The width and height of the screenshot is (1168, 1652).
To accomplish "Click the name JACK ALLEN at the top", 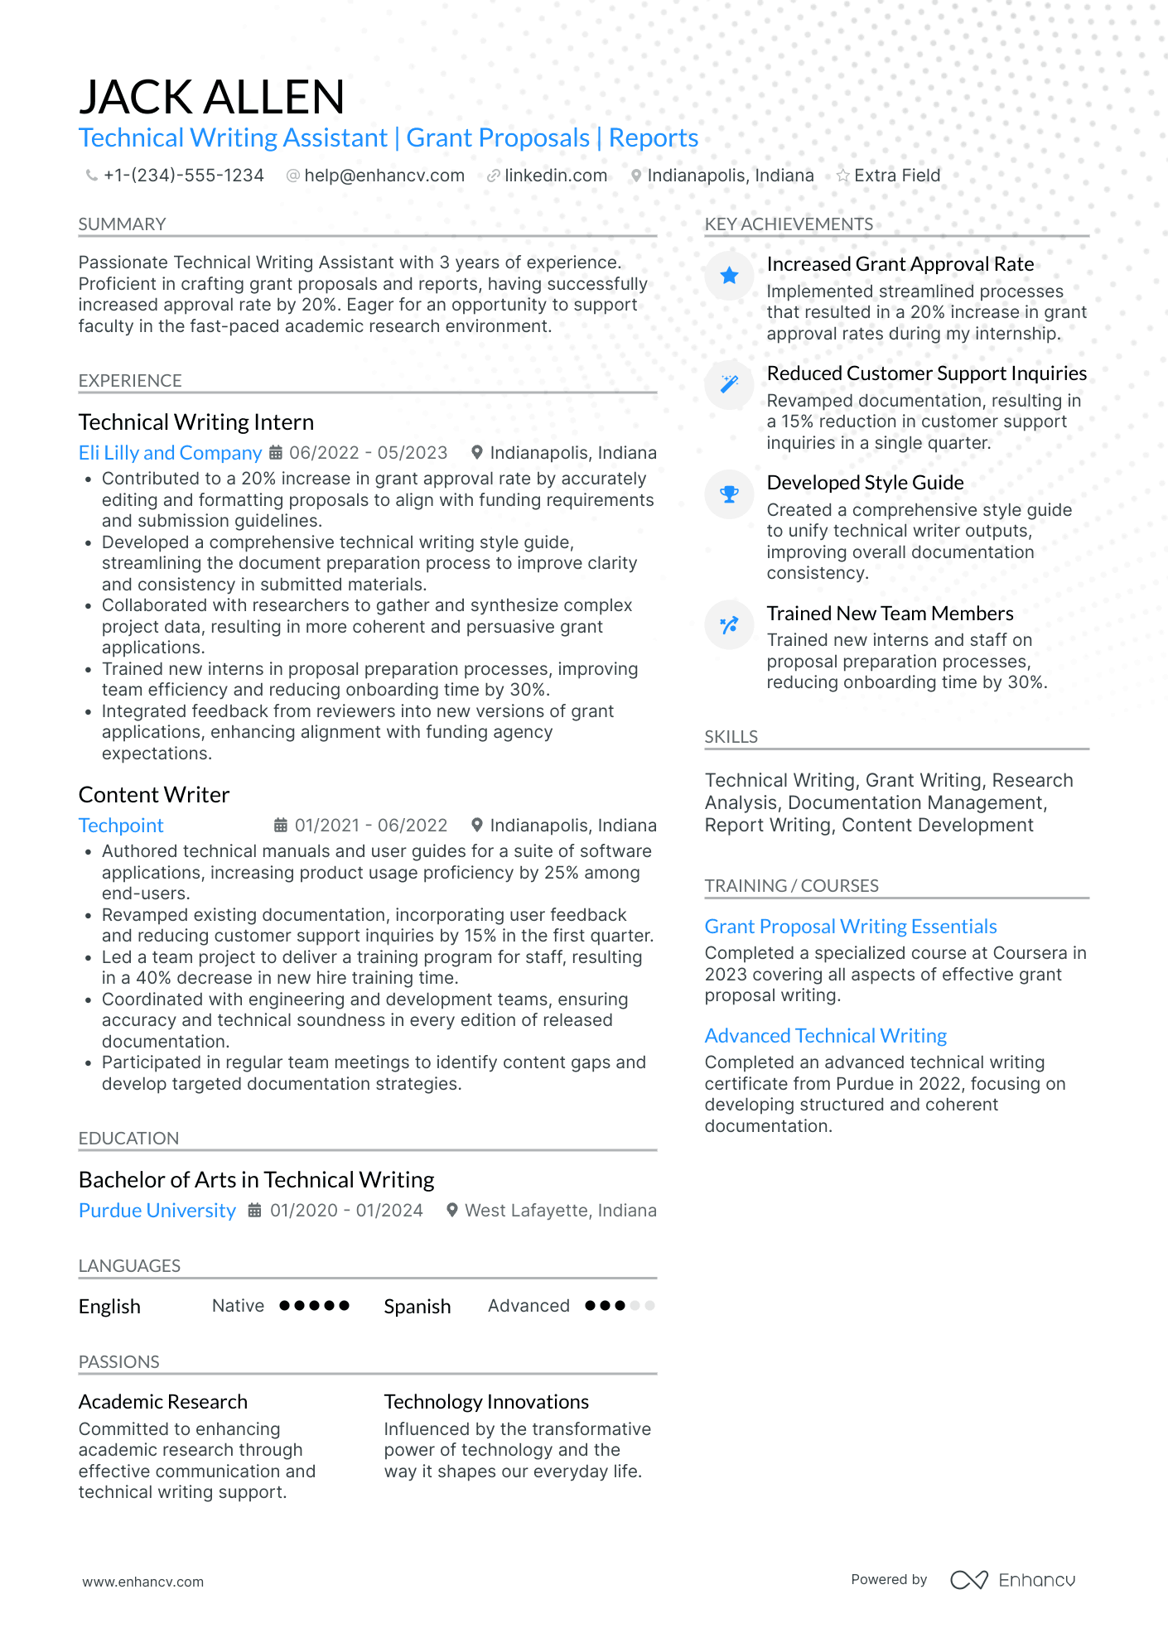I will click(x=211, y=97).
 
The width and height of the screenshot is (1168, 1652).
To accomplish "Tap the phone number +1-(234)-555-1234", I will click(x=183, y=176).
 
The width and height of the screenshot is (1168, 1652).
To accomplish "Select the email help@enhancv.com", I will click(x=384, y=176).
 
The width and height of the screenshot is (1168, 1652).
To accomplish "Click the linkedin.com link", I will click(x=555, y=176).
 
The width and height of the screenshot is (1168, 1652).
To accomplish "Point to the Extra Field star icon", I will click(x=842, y=176).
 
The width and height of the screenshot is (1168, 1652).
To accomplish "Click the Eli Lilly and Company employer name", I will click(x=170, y=453).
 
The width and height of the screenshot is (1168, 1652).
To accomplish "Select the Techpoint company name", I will click(x=121, y=826).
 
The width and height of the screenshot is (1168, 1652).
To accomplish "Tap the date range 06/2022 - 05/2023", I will click(x=368, y=453).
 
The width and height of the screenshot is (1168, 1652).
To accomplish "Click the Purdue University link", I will click(x=157, y=1211).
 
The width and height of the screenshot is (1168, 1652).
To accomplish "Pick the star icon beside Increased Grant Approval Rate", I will click(x=729, y=276).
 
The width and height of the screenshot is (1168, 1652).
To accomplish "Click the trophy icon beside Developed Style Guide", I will click(x=729, y=494).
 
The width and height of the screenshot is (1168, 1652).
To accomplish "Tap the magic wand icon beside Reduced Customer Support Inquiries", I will click(x=729, y=384).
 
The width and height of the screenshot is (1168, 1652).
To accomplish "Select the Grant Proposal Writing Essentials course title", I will click(x=850, y=927).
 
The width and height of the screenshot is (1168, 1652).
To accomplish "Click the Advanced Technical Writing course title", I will click(x=825, y=1036).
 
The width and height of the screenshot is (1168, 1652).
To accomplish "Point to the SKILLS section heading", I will click(x=731, y=737).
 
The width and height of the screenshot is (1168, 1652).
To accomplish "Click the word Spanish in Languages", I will click(x=417, y=1307).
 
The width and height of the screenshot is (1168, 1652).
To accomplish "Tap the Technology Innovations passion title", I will click(x=486, y=1402).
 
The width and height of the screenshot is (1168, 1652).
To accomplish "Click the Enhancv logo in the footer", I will click(x=1012, y=1580).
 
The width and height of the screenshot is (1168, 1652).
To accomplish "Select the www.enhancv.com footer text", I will click(x=142, y=1582).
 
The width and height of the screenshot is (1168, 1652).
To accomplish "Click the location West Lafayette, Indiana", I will click(x=560, y=1211).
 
